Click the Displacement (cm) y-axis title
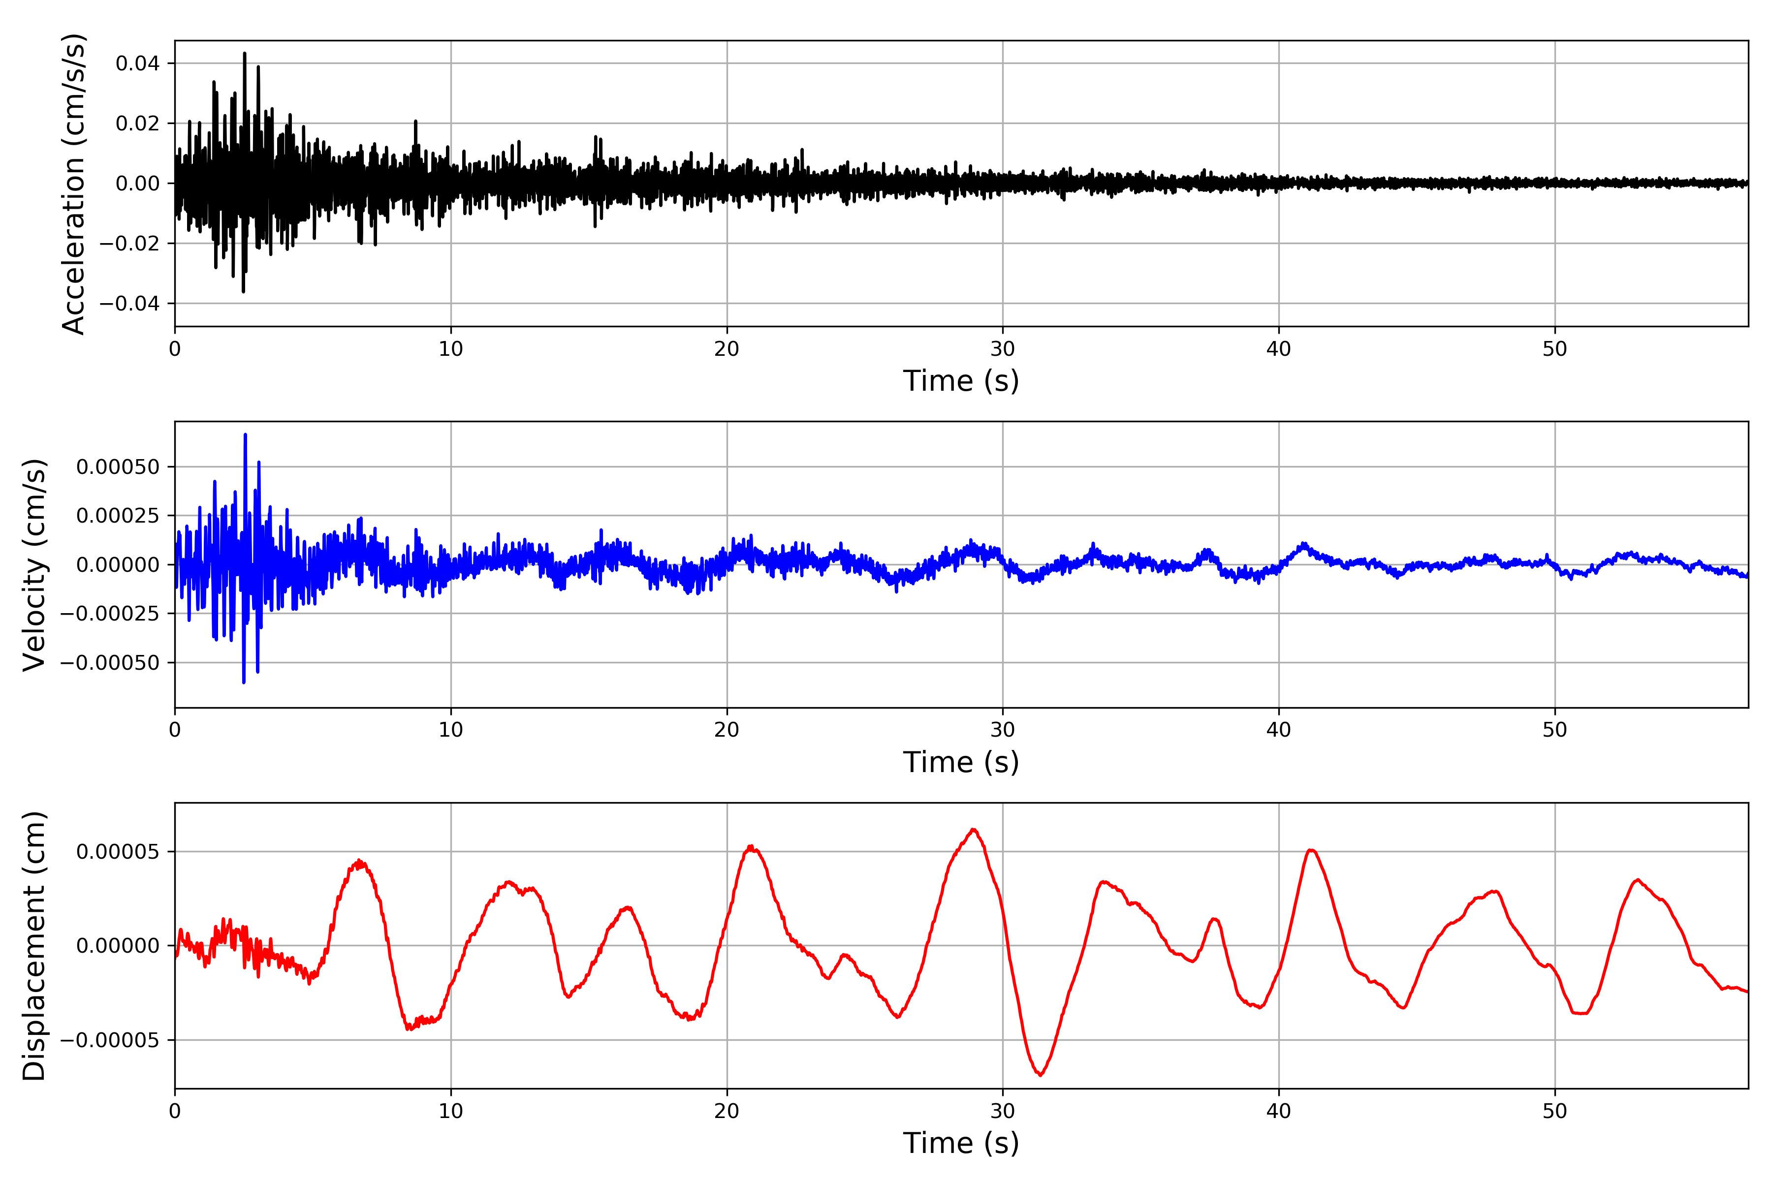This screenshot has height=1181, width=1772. (34, 945)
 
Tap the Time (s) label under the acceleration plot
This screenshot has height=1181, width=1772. (961, 381)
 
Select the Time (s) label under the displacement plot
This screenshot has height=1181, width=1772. (961, 1143)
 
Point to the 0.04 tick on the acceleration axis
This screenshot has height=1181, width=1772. (137, 63)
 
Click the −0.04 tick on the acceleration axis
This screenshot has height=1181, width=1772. (129, 304)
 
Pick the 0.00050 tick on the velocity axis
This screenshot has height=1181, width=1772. (118, 467)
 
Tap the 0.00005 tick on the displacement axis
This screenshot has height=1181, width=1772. (118, 852)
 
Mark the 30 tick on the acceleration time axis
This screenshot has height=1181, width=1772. (1003, 349)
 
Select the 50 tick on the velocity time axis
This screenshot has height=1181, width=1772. (1554, 730)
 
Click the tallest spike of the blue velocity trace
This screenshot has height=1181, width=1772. (245, 435)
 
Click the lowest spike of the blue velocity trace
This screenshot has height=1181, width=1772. (243, 683)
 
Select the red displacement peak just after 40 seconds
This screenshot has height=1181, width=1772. (1311, 850)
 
